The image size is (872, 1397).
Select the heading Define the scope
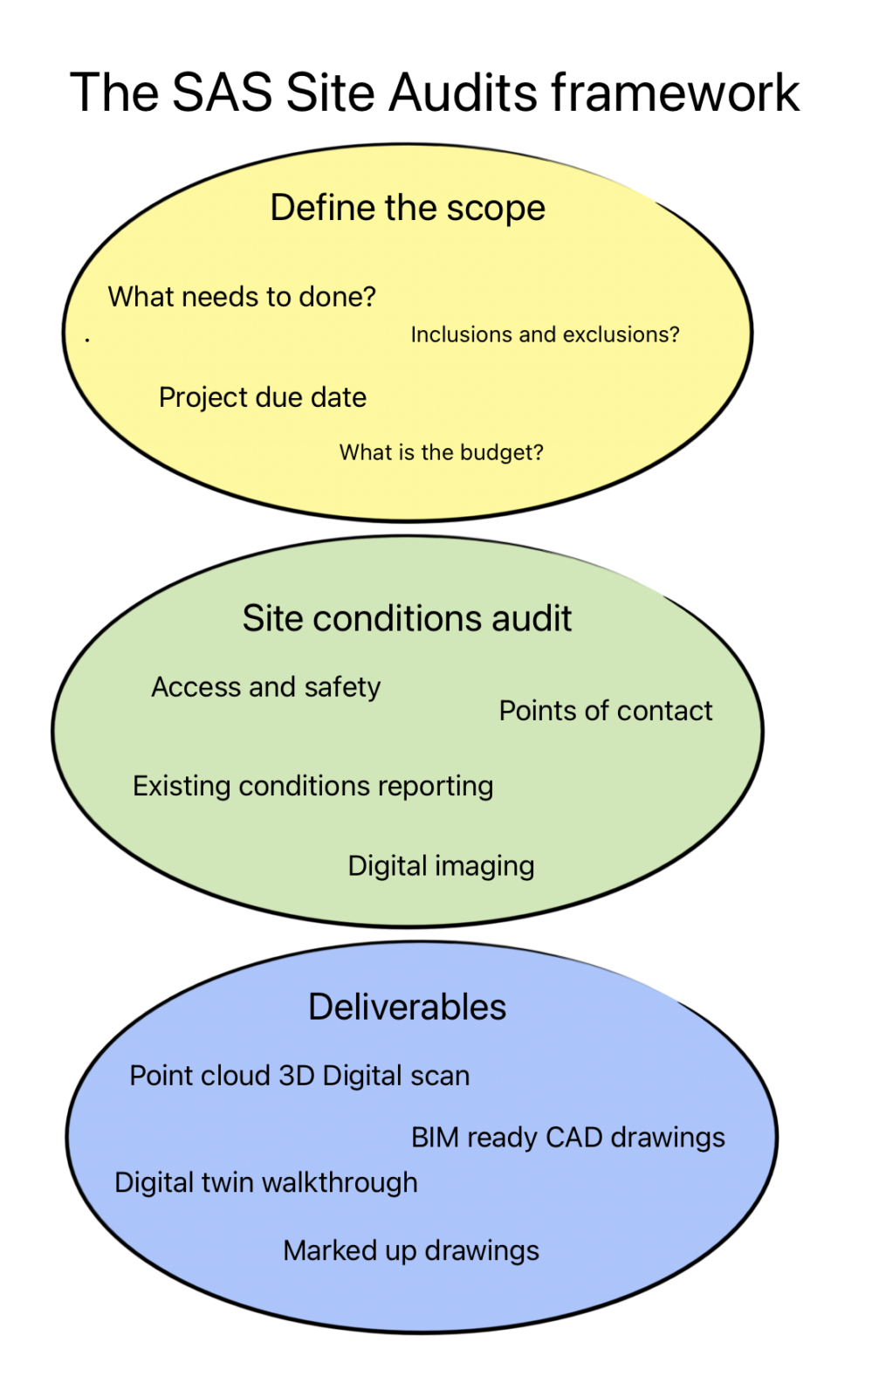coord(408,209)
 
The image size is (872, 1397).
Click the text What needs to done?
coord(242,297)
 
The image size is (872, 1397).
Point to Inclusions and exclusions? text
coord(545,334)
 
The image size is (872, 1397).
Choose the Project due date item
coord(263,397)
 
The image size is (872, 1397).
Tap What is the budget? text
coord(441,452)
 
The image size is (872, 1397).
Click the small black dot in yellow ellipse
coord(87,339)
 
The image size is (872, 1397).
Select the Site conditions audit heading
coord(407,618)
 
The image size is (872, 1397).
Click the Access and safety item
coord(266,687)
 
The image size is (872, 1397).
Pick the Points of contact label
coord(606,711)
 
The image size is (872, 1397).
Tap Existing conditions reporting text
coord(312,786)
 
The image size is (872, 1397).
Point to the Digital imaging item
coord(441,866)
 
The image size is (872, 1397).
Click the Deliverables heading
coord(407,1007)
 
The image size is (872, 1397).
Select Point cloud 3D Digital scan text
coord(299,1076)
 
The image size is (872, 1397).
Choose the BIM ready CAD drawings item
coord(568,1138)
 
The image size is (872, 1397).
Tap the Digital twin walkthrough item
coord(266,1182)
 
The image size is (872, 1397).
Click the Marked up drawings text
coord(411,1250)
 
